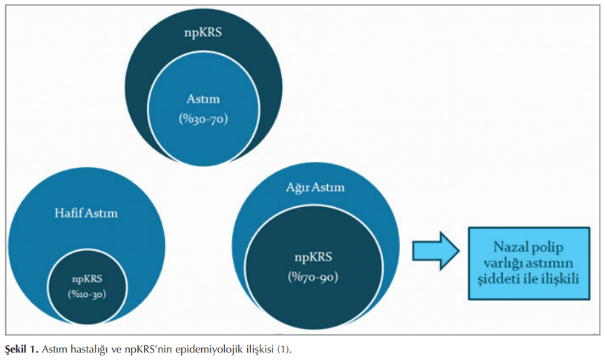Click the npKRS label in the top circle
pyautogui.click(x=203, y=33)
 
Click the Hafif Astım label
pyautogui.click(x=86, y=214)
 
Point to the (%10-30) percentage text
pyautogui.click(x=86, y=293)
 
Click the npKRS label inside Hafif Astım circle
pyautogui.click(x=86, y=278)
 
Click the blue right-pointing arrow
pyautogui.click(x=436, y=253)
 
